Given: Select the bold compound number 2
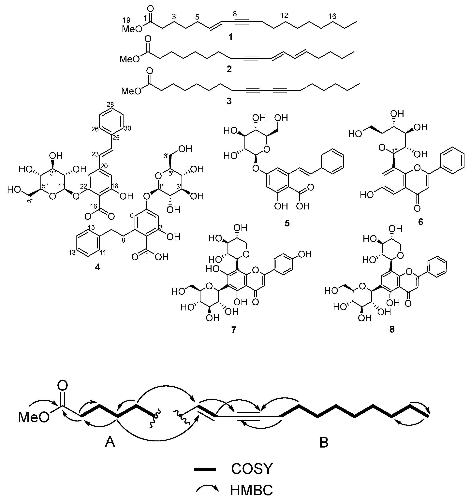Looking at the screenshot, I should pyautogui.click(x=229, y=69).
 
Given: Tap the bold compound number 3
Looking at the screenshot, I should pyautogui.click(x=229, y=102).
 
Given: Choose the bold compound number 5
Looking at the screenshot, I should pyautogui.click(x=287, y=223).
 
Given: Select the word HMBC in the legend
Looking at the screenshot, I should pyautogui.click(x=251, y=490).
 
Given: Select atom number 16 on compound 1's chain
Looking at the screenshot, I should pyautogui.click(x=332, y=16).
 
